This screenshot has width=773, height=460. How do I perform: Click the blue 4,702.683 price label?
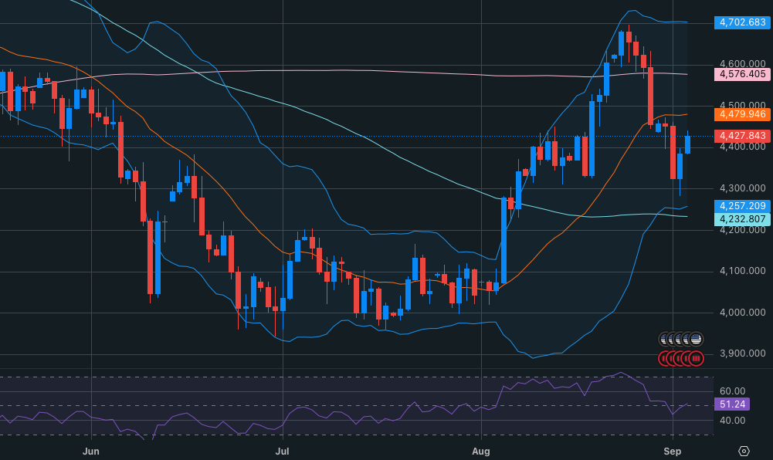coord(742,22)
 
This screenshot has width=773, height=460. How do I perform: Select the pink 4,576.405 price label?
coord(742,74)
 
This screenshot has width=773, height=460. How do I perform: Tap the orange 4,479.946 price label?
coord(742,114)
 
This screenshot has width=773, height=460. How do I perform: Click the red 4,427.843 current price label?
coord(742,135)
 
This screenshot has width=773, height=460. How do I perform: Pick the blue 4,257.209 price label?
coord(742,206)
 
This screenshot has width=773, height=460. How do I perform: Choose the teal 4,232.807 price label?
coord(742,219)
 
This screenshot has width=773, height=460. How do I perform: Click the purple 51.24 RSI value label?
coord(732,404)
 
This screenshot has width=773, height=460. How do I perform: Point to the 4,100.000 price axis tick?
coord(742,271)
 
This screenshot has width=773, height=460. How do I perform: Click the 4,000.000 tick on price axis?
coord(742,313)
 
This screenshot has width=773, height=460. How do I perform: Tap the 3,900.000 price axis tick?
coord(742,353)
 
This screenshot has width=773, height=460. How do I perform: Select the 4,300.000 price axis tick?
coord(742,188)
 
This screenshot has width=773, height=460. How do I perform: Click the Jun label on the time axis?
coord(91,452)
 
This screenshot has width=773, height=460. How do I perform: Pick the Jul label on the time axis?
coord(282,452)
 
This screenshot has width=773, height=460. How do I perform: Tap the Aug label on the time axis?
coord(480,452)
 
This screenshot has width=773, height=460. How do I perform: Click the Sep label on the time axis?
coord(673,452)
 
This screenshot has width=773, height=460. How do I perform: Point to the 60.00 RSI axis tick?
coord(733,391)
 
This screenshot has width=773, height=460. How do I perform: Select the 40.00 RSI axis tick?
coord(733,421)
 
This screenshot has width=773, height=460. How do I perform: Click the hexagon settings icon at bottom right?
coord(744,452)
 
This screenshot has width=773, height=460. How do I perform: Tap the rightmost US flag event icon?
coord(696,340)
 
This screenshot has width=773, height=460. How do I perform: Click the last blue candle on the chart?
coord(688,145)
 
